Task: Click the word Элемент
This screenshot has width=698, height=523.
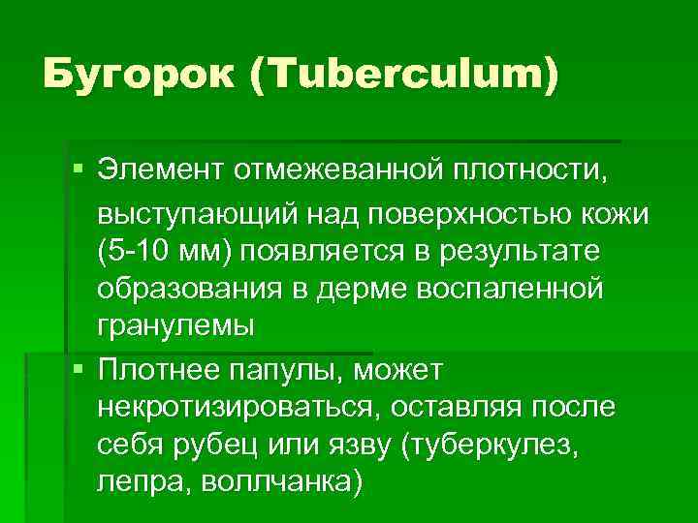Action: [x=159, y=172]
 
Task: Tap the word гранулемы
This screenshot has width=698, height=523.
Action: [x=175, y=326]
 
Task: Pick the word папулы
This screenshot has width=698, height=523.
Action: [x=295, y=369]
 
